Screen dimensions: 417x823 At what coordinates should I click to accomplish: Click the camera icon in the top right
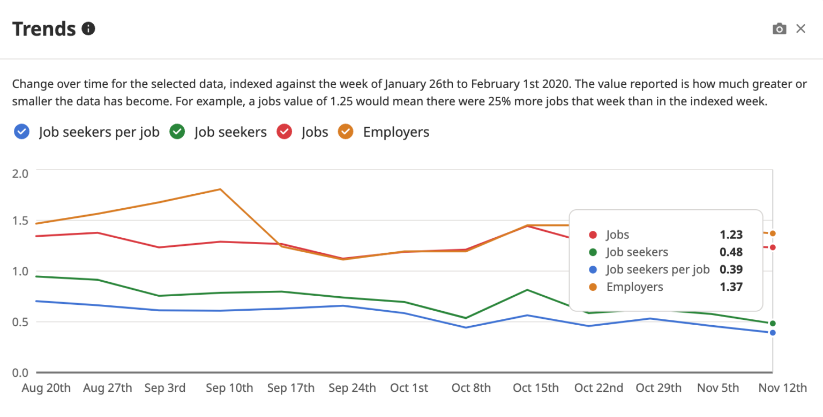(x=779, y=29)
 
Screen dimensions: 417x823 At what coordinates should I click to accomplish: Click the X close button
(x=800, y=29)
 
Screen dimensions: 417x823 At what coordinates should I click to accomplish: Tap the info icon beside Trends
(x=88, y=29)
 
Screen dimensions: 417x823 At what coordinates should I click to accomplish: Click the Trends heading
(x=44, y=29)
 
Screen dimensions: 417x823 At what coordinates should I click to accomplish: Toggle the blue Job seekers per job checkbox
(x=21, y=132)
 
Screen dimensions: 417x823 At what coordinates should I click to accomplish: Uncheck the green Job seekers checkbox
(x=177, y=132)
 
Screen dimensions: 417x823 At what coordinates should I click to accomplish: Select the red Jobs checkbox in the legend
(x=284, y=132)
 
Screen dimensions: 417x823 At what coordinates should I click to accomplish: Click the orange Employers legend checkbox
(x=346, y=132)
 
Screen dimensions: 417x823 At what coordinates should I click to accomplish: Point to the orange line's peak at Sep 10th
(x=220, y=189)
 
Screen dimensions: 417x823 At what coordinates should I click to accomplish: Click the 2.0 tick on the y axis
(x=20, y=173)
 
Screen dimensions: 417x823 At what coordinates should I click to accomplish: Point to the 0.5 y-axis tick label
(x=20, y=322)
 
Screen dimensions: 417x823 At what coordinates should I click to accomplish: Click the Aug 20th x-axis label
(x=46, y=388)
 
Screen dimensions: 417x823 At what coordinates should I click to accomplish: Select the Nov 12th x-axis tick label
(x=783, y=388)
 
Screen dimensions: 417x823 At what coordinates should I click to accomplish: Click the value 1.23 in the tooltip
(x=731, y=235)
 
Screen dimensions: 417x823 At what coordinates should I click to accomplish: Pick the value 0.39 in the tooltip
(x=731, y=269)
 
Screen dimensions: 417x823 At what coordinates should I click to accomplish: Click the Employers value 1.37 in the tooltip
(x=731, y=287)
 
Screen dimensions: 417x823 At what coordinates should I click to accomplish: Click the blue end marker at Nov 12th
(x=773, y=333)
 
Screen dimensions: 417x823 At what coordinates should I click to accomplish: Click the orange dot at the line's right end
(x=773, y=233)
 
